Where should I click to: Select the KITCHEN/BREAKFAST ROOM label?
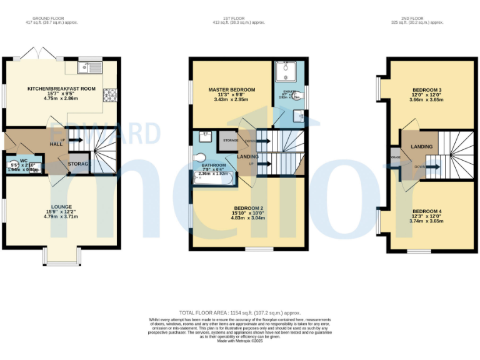pos(61,89)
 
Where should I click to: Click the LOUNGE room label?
pos(61,207)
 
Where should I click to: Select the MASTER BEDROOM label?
pos(231,90)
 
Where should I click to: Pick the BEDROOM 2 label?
pos(249,208)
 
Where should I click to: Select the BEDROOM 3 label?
pos(427,91)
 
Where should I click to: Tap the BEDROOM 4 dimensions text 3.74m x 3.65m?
pos(426,221)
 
